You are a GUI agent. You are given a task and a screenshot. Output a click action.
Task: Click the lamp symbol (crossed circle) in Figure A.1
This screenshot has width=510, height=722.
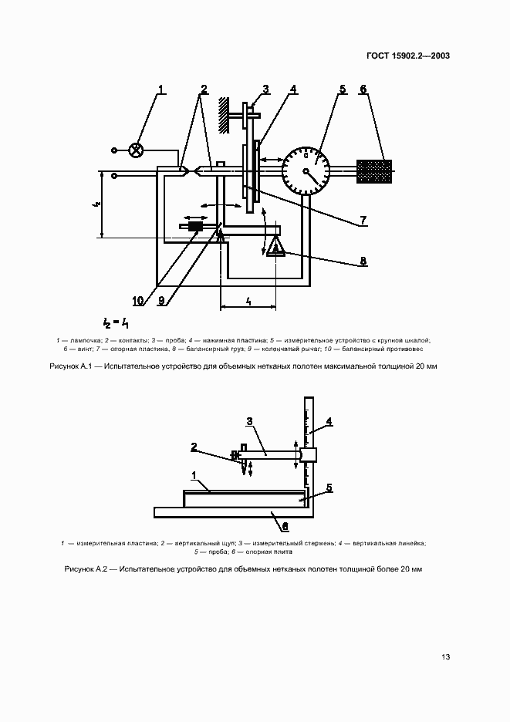137,150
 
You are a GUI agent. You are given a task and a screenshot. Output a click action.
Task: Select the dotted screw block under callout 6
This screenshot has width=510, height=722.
373,171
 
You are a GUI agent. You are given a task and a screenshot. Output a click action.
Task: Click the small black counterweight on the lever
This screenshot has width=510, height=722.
194,227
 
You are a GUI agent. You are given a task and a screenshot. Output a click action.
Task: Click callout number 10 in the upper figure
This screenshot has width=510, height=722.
137,300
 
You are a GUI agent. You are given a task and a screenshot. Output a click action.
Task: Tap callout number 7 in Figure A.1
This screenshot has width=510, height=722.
362,222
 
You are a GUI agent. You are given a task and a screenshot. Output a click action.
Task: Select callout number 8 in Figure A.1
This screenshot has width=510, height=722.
362,261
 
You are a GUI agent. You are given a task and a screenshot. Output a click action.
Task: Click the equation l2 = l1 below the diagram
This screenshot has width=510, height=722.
116,323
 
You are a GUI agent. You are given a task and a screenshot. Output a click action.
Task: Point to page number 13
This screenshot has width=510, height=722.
445,657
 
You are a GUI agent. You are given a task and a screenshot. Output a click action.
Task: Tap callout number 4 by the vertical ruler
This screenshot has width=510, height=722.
329,421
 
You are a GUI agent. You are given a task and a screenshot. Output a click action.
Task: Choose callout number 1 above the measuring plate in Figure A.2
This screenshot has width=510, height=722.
194,475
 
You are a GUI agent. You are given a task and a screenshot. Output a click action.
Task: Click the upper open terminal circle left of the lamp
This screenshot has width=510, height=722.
115,150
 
